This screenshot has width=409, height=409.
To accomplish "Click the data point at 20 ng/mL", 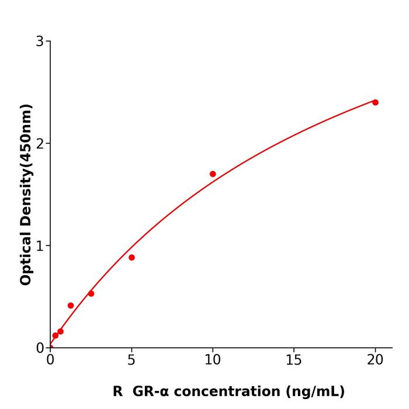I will [x=375, y=102].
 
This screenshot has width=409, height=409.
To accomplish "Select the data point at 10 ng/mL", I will [x=213, y=174].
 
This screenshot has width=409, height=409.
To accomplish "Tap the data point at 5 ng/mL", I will [x=131, y=258].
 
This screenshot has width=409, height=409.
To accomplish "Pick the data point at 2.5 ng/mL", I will [x=91, y=293].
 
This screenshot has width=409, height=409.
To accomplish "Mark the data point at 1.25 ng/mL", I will [x=71, y=306].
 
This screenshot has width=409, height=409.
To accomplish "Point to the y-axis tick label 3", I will [x=40, y=41].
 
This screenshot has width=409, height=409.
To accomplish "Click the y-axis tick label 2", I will [x=40, y=144].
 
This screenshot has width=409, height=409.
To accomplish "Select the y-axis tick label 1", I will [x=40, y=246].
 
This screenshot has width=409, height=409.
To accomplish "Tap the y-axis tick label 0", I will [x=40, y=348].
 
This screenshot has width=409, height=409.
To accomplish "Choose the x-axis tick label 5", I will [x=131, y=361].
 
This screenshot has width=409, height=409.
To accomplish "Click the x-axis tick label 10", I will [x=213, y=361].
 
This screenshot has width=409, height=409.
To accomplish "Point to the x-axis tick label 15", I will [x=294, y=361].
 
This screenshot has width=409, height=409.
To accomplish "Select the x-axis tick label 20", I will [x=375, y=361].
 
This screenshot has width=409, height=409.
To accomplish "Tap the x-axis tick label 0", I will [x=50, y=361].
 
